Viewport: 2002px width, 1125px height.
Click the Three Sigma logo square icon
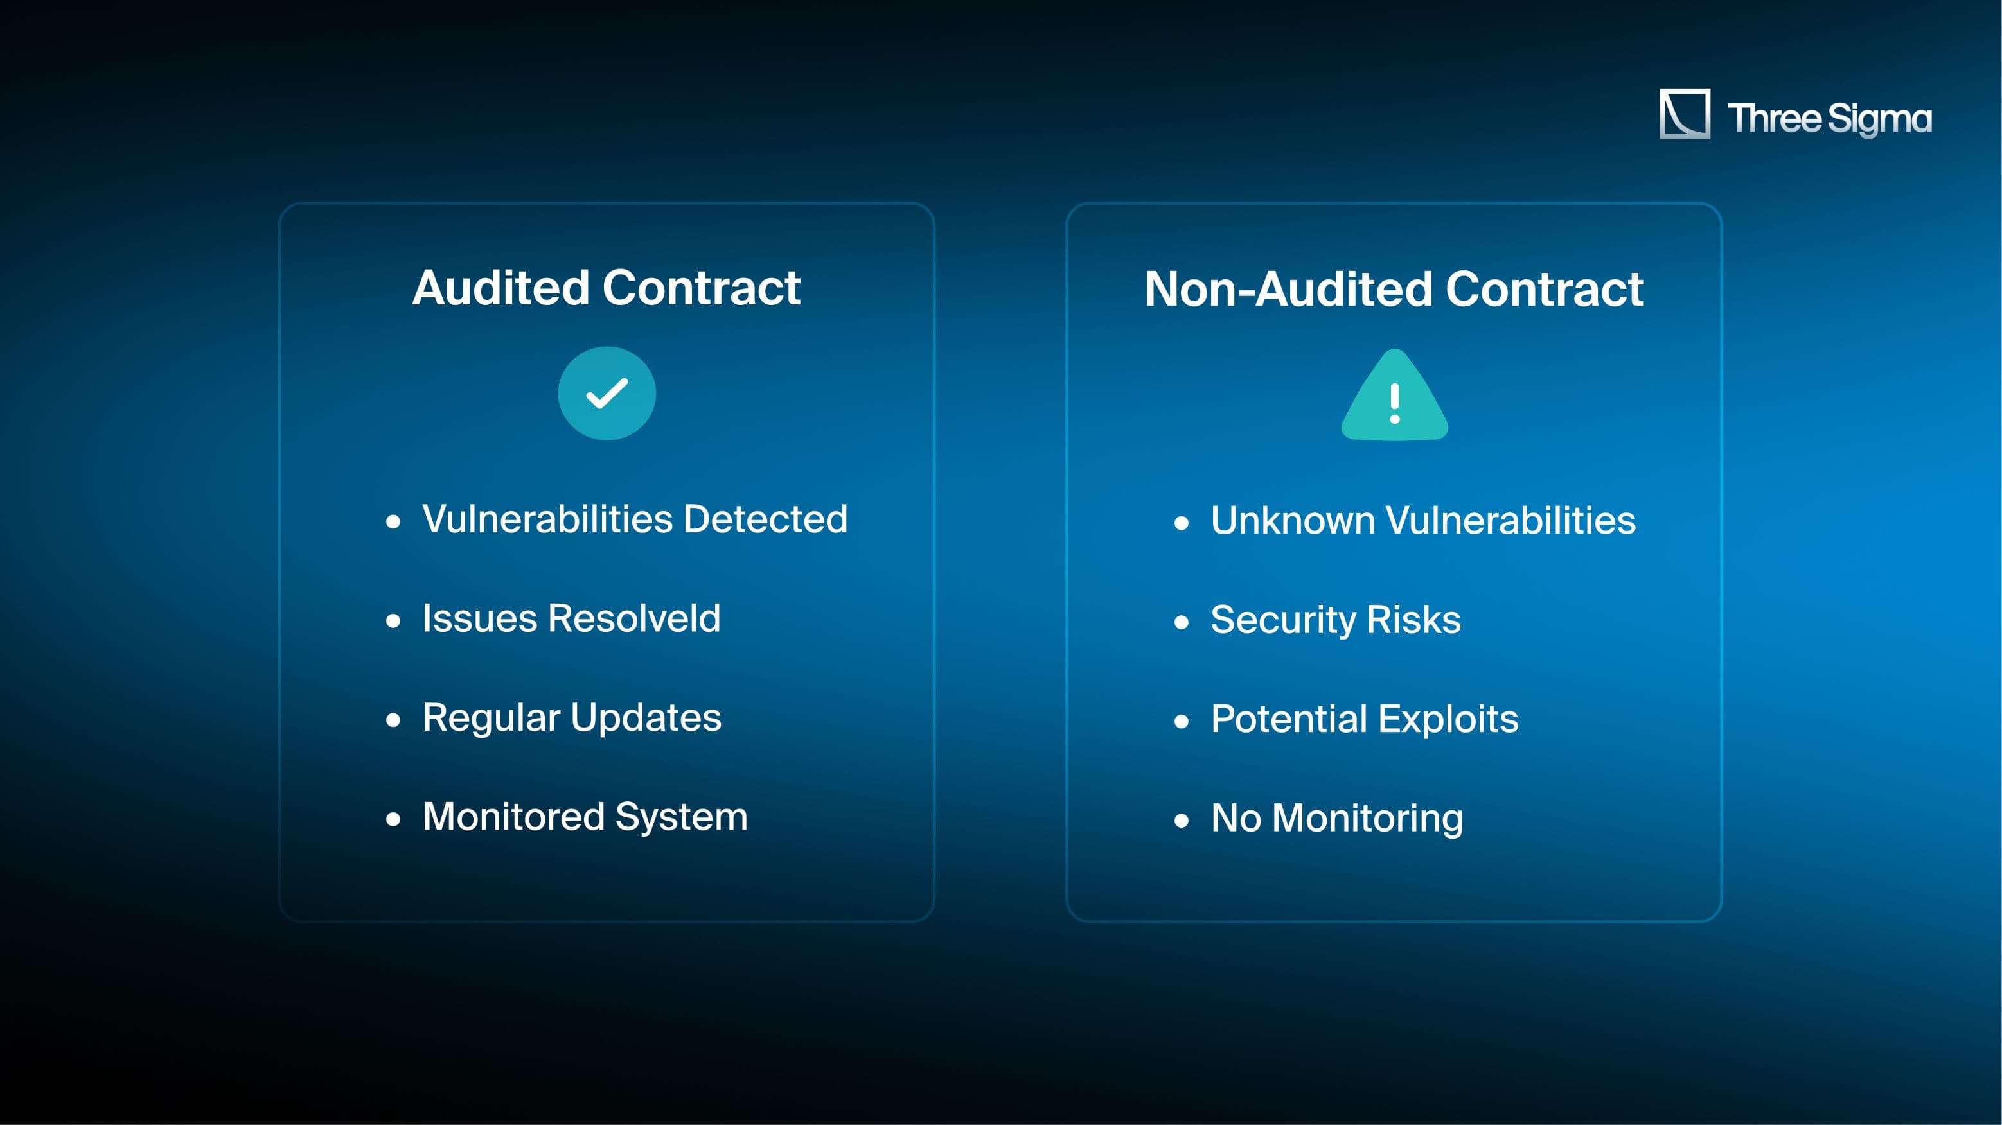[x=1684, y=114]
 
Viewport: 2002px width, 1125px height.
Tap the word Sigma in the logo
[x=1879, y=119]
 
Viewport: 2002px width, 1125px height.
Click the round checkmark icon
[x=607, y=393]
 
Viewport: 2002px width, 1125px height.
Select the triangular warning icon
[x=1395, y=396]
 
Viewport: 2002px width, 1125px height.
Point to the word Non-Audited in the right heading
[x=1289, y=289]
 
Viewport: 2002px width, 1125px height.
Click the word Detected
[x=765, y=519]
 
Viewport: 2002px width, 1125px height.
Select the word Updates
[x=646, y=718]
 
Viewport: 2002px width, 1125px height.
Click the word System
[x=682, y=817]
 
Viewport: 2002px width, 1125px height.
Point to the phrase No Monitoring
[x=1337, y=819]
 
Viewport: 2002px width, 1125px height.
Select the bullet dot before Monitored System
[x=393, y=819]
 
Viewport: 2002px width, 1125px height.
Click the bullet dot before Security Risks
[x=1182, y=622]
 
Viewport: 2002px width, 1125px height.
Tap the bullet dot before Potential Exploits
[x=1182, y=722]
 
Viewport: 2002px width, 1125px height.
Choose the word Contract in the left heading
[x=702, y=288]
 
